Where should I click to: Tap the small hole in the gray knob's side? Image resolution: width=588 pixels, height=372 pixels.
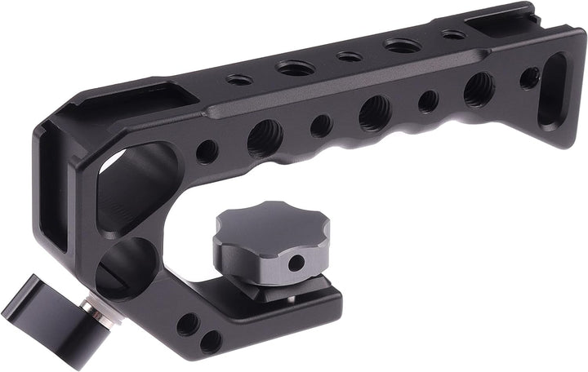(x=298, y=261)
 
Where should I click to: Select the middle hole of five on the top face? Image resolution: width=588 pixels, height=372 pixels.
(x=349, y=57)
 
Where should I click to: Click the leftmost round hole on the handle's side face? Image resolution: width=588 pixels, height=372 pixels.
(x=207, y=152)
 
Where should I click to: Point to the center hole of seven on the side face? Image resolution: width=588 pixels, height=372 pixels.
(x=374, y=112)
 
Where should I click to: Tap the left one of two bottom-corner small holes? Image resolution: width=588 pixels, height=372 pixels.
(x=187, y=324)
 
